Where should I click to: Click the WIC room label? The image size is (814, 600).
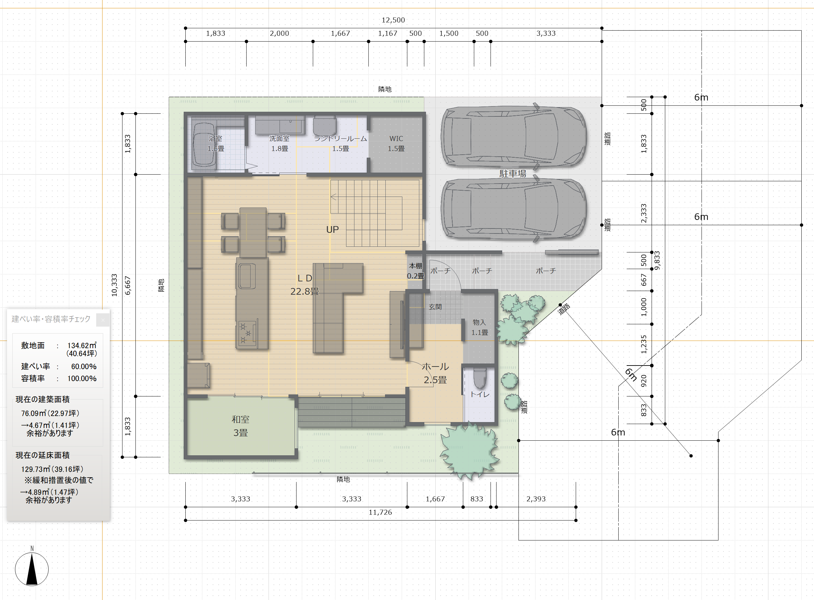pos(396,138)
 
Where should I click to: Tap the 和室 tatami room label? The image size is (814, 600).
pos(241,419)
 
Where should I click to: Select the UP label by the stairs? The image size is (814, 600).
pos(332,229)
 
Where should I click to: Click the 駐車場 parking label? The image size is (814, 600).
pos(513,174)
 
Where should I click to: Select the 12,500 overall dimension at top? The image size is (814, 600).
pos(393,20)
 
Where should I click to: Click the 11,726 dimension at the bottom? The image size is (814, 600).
pos(380,512)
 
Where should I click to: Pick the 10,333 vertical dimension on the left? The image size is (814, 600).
pos(114,285)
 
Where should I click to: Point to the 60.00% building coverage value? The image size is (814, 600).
pos(84,367)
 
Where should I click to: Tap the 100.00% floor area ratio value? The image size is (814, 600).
pos(82,378)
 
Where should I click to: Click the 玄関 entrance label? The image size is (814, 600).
pos(435,307)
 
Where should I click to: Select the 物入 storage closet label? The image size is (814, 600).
pos(479,322)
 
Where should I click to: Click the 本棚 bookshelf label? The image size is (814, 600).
pos(416,266)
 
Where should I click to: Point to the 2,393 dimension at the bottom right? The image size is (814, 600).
pos(536,499)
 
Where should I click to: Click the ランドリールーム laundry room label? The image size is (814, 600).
pos(340,138)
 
